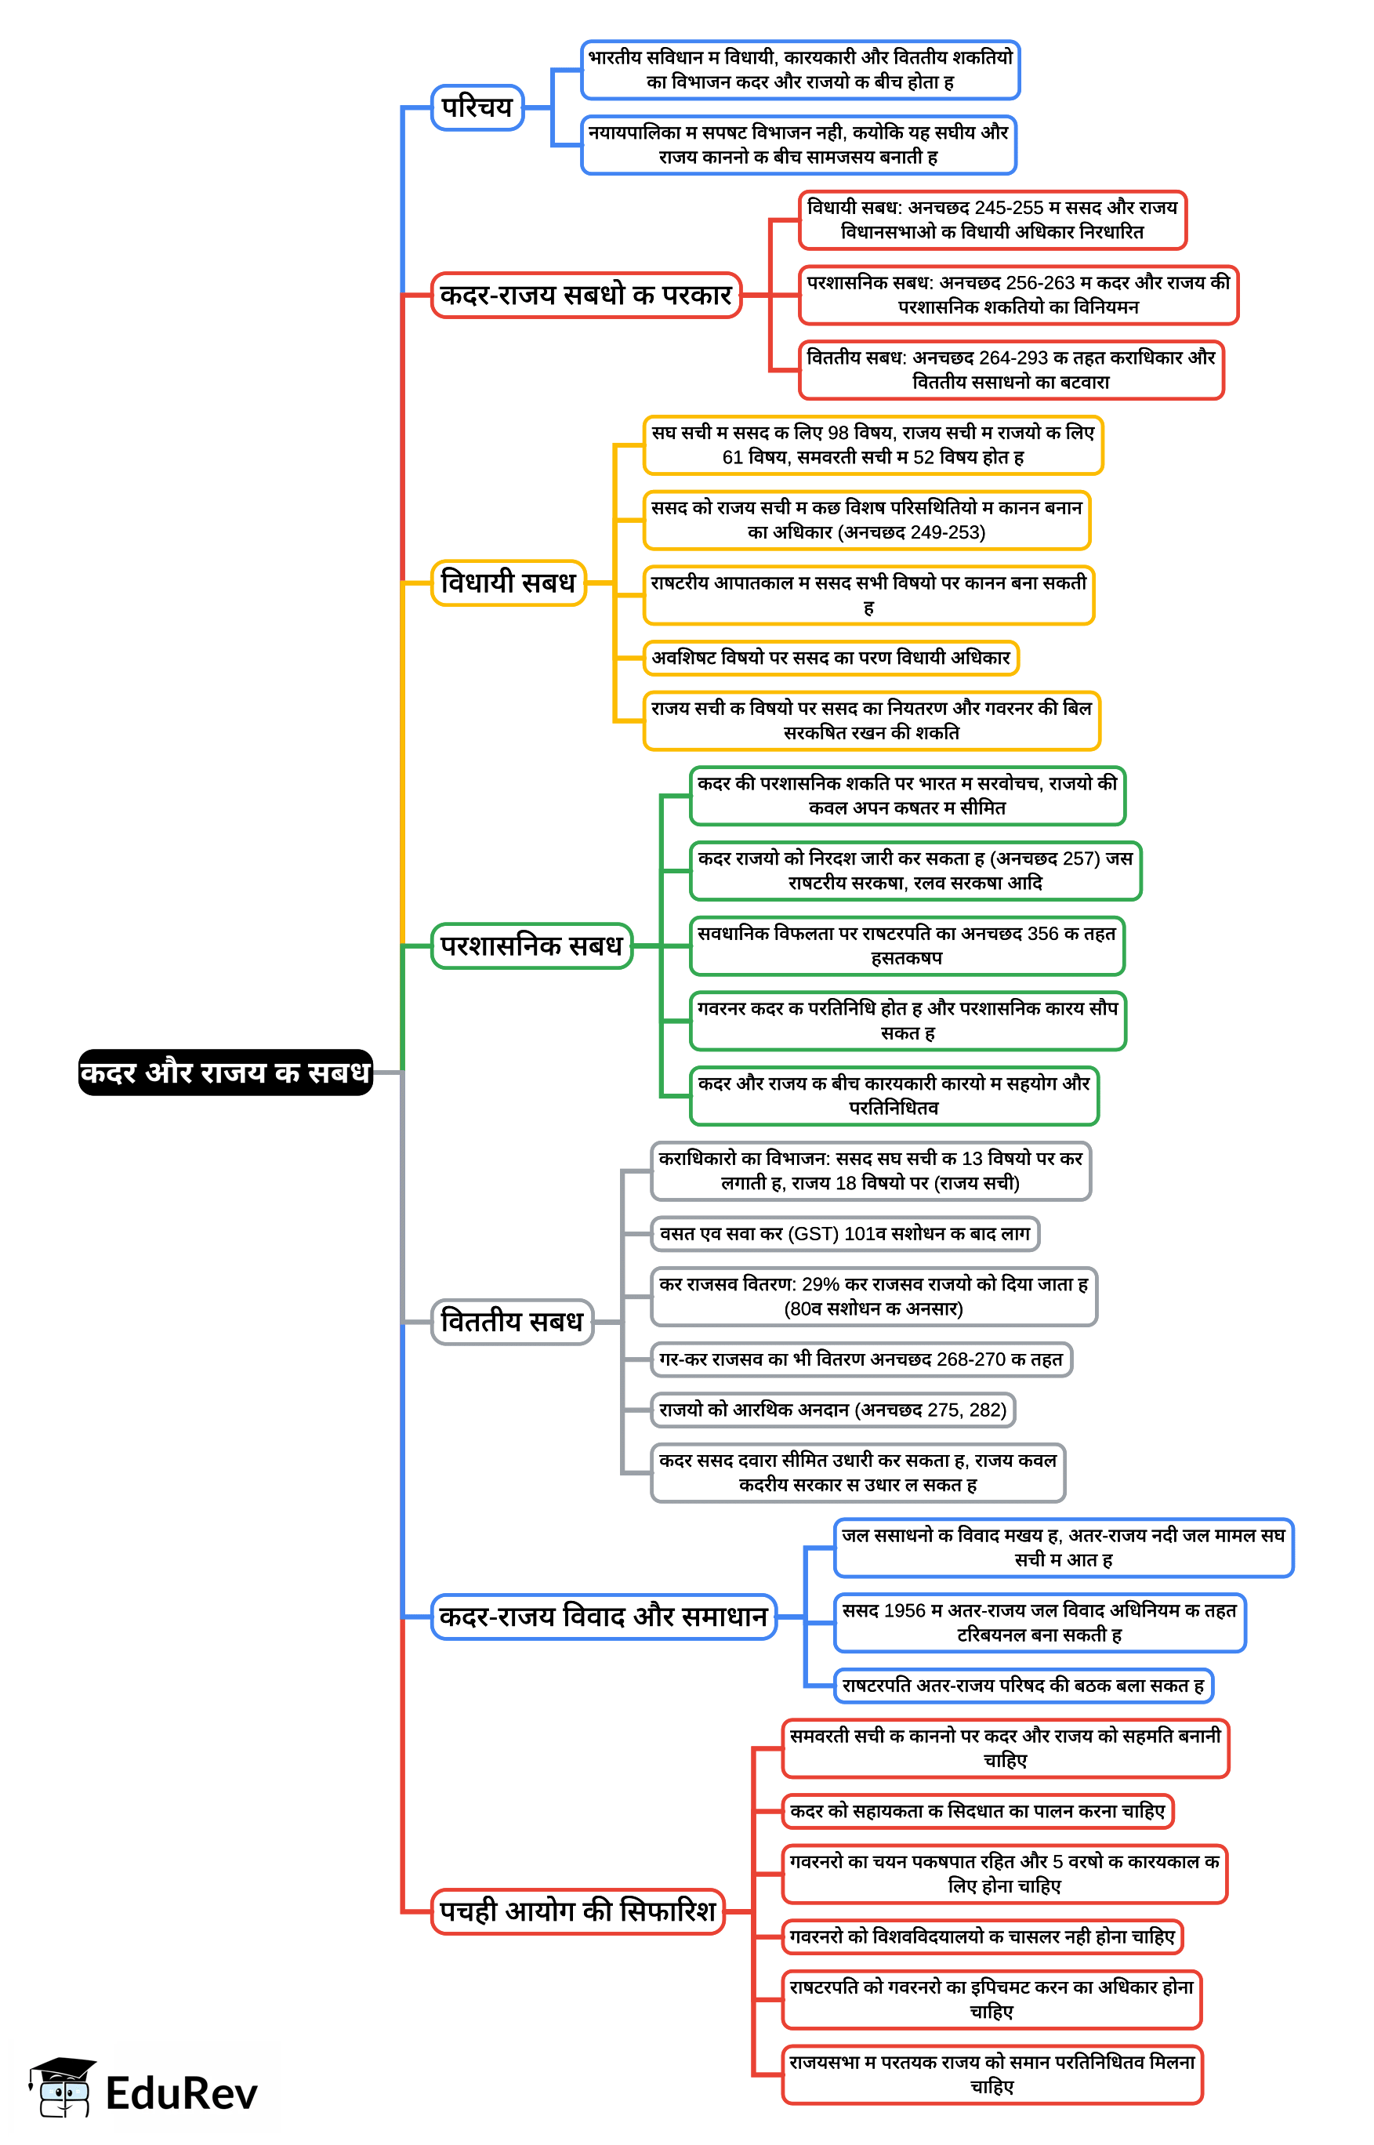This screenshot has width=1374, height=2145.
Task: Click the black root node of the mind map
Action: click(225, 1072)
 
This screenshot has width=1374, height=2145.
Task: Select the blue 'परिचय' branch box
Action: click(477, 108)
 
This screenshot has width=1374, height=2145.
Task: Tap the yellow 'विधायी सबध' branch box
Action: click(508, 583)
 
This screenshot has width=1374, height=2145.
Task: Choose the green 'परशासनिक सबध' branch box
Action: click(531, 945)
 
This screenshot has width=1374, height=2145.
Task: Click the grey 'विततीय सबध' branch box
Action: click(511, 1322)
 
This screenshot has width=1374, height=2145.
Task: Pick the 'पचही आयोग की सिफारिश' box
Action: click(577, 1911)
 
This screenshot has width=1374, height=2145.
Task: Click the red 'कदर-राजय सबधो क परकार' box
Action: click(585, 296)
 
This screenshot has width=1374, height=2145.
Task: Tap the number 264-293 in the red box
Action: click(1013, 357)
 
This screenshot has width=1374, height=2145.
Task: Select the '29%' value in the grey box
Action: click(820, 1285)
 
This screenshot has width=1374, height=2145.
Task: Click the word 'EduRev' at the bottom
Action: click(181, 2094)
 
